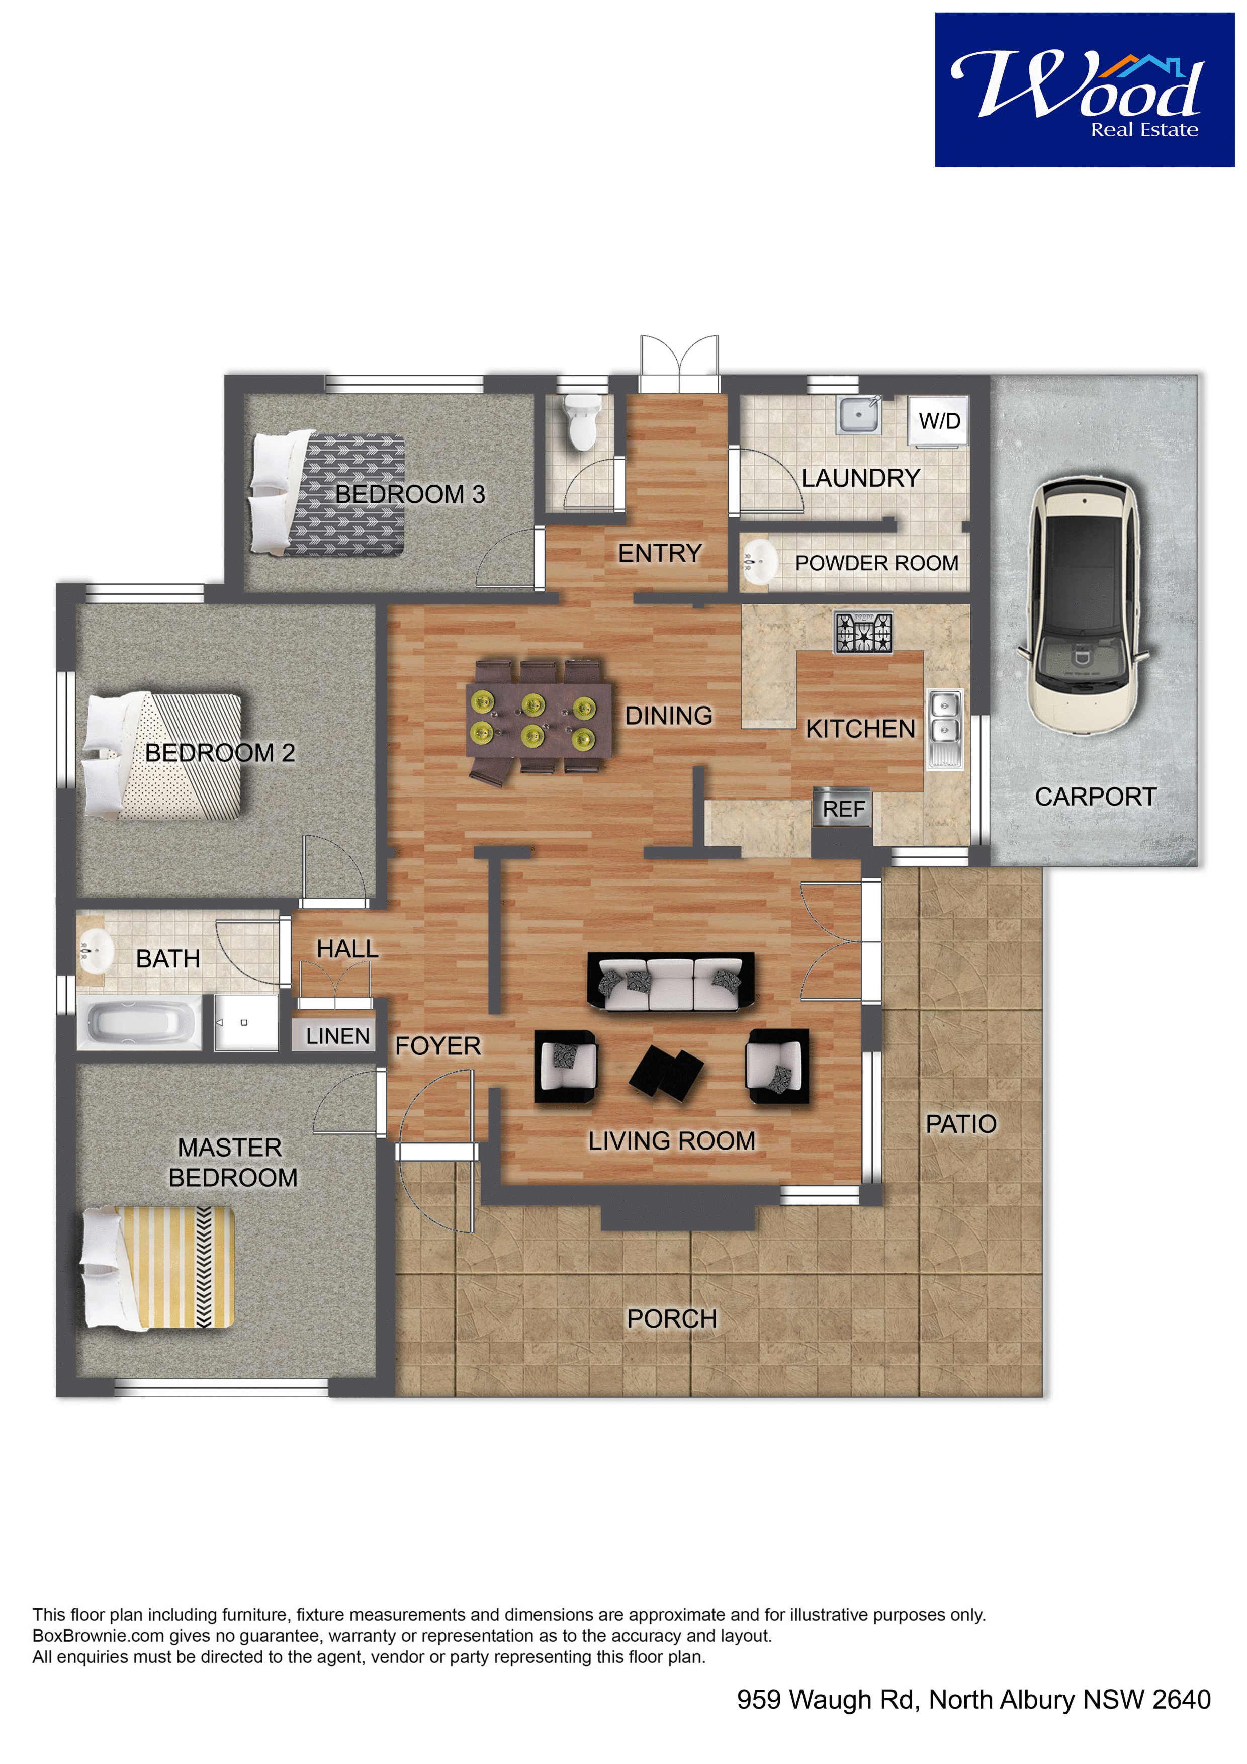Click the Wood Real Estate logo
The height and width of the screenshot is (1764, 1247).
pyautogui.click(x=1084, y=90)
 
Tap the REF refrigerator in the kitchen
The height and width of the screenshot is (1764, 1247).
pyautogui.click(x=842, y=808)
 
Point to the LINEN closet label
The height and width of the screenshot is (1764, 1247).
pyautogui.click(x=337, y=1036)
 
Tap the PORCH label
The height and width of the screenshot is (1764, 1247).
pyautogui.click(x=672, y=1318)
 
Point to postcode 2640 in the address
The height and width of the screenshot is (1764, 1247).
pyautogui.click(x=1181, y=1700)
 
